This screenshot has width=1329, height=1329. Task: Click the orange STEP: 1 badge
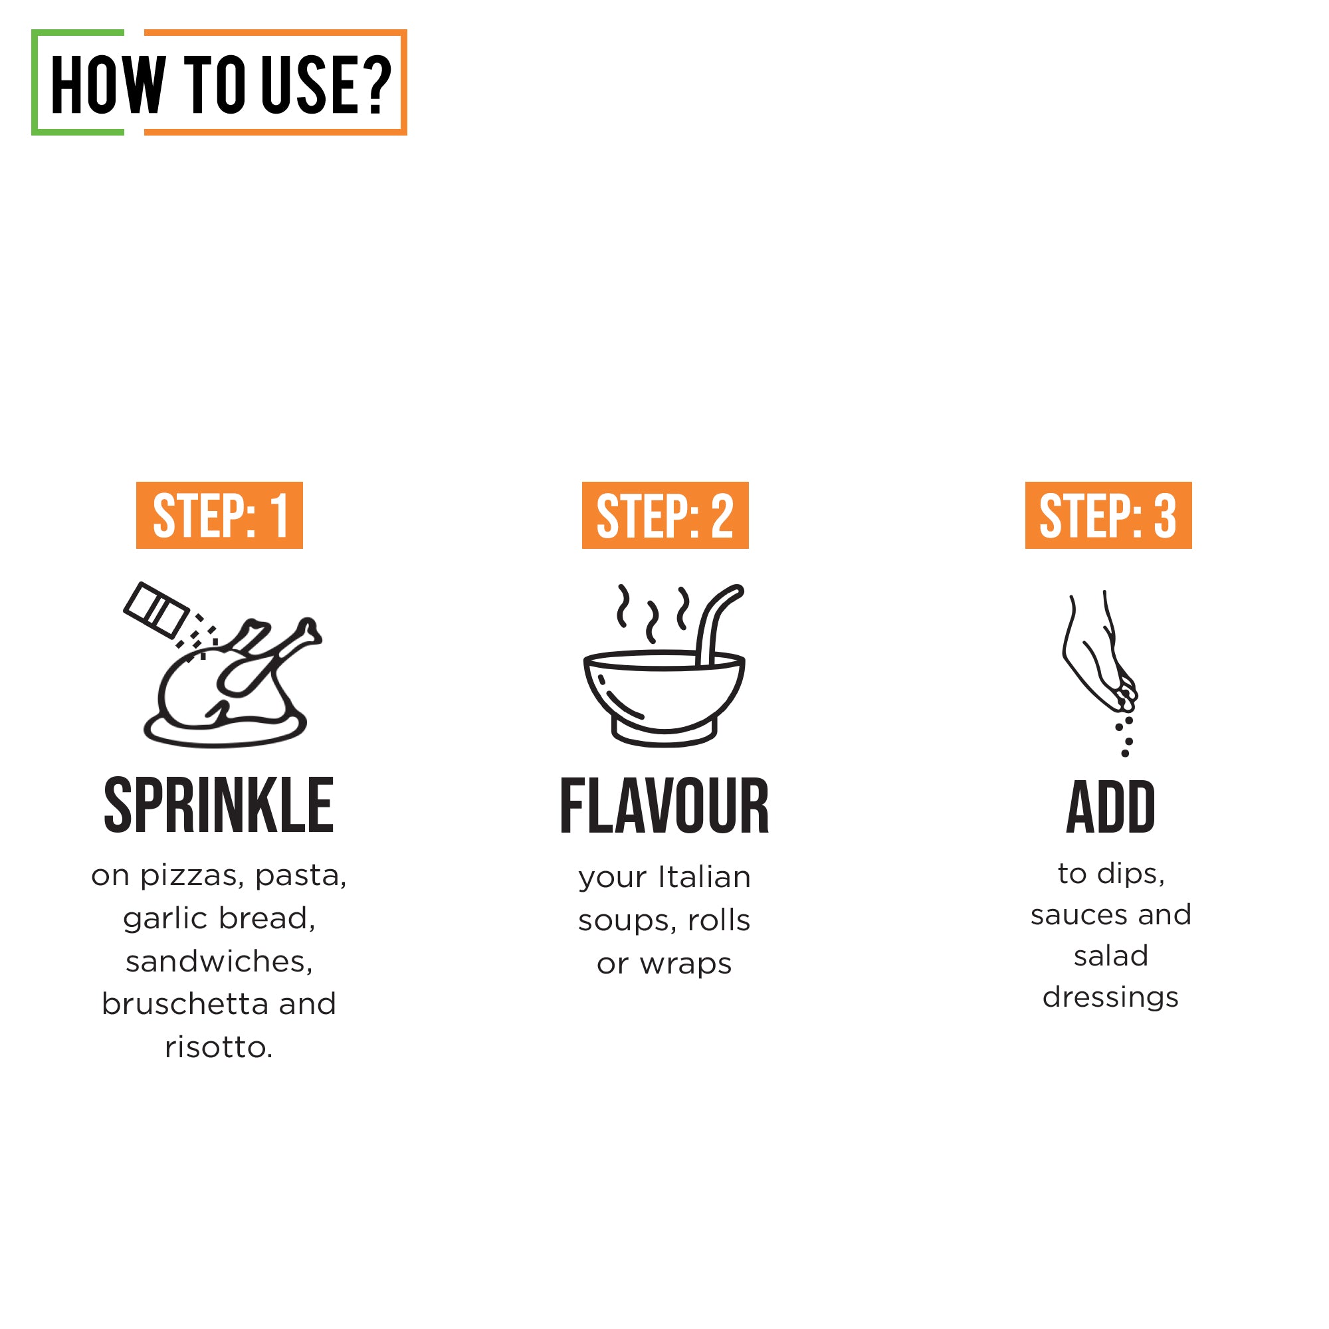tap(219, 515)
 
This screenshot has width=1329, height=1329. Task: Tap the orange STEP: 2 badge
tap(664, 515)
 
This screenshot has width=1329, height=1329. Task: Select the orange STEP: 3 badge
tap(1108, 515)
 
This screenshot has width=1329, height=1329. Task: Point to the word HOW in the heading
tap(108, 84)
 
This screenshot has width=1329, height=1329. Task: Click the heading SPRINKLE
tap(219, 804)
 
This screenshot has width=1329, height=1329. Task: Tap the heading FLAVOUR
tap(664, 805)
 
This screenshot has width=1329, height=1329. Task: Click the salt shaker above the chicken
tap(156, 609)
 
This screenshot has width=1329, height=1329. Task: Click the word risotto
tap(219, 1047)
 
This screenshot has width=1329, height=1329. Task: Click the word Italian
tap(704, 877)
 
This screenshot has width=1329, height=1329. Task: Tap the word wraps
tap(685, 964)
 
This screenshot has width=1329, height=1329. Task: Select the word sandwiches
tap(219, 961)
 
